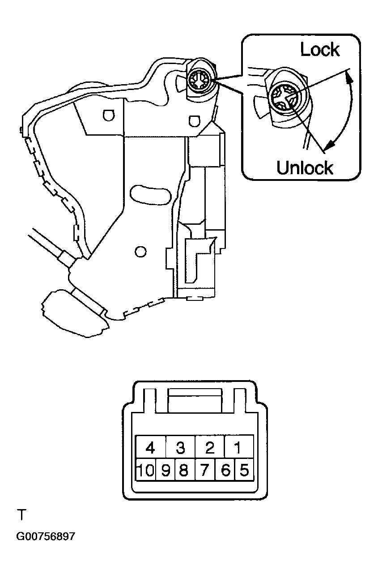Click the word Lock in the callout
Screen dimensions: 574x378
click(x=320, y=49)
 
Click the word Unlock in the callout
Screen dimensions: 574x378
click(x=305, y=167)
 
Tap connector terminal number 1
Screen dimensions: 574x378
click(x=239, y=447)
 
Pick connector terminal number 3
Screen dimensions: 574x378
click(x=181, y=447)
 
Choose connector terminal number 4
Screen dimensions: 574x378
click(x=151, y=447)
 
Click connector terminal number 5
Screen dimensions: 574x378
click(x=244, y=471)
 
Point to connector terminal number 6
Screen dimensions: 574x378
click(x=225, y=471)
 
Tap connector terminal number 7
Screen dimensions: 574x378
click(x=205, y=471)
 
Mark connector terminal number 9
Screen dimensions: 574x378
click(x=166, y=471)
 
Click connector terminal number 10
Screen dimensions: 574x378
click(x=145, y=471)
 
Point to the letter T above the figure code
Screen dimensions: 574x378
click(x=21, y=515)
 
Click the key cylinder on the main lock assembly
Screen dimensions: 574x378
click(x=198, y=81)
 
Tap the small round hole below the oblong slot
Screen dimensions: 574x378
click(x=141, y=251)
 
